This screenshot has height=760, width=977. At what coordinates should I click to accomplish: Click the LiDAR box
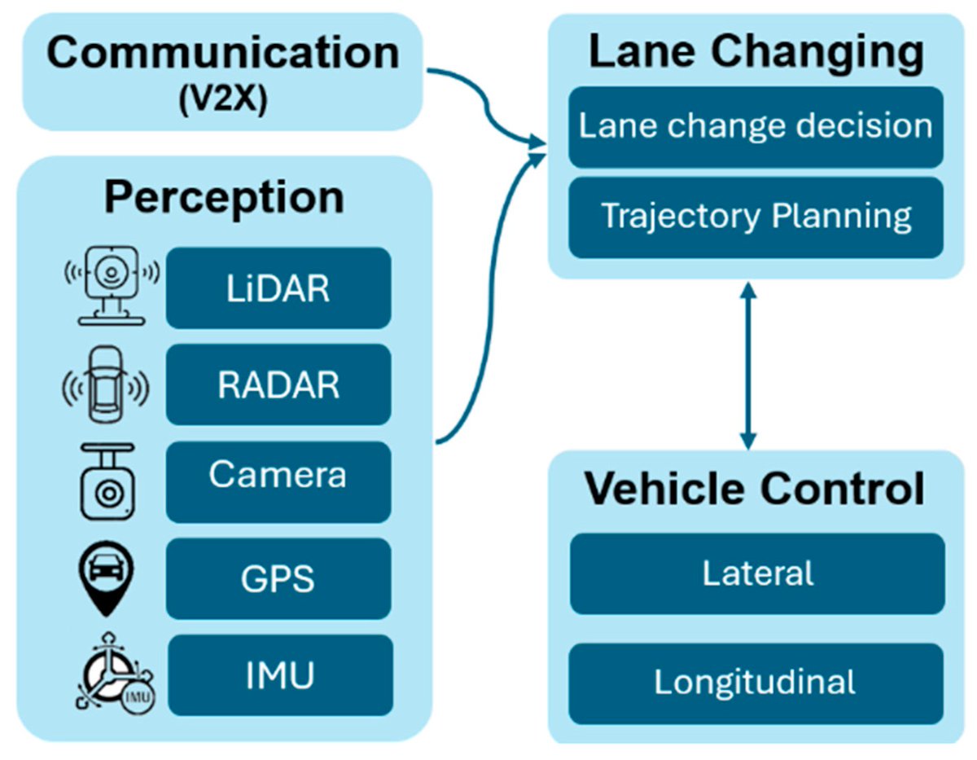[278, 289]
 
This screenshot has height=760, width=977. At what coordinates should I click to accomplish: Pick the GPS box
[278, 578]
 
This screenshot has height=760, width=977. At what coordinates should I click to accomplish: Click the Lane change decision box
[756, 127]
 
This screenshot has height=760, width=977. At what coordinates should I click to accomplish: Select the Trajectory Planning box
[756, 217]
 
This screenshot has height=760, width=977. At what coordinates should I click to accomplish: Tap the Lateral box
[757, 573]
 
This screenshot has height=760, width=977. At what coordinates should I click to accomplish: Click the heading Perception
[224, 197]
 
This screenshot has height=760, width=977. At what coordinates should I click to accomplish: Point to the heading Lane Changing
[756, 53]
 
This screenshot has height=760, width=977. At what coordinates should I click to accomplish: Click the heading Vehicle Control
[756, 489]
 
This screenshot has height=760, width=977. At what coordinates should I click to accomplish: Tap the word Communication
[222, 54]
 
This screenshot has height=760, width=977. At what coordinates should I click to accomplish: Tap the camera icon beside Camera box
[107, 482]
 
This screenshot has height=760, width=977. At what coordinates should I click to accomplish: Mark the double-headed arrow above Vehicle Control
[748, 365]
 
